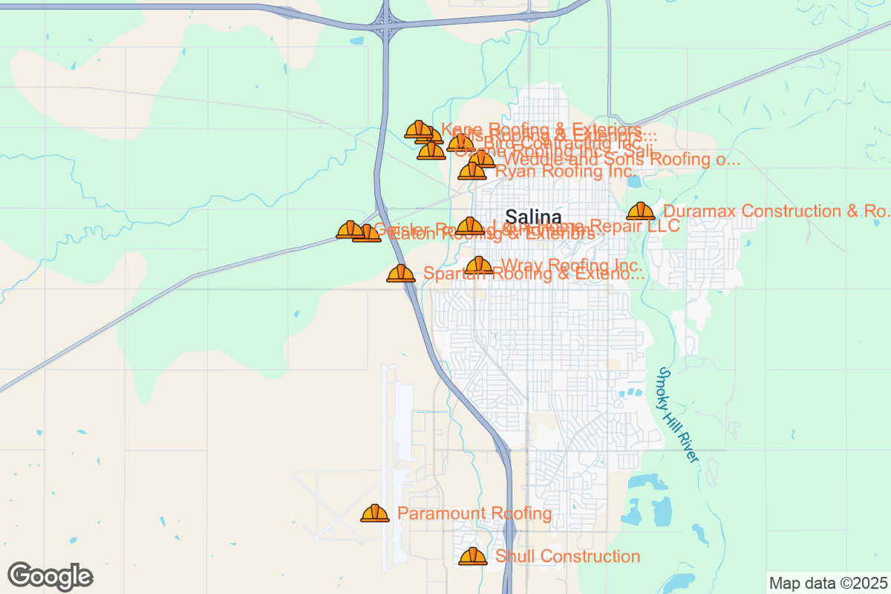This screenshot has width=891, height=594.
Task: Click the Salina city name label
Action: pyautogui.click(x=533, y=217)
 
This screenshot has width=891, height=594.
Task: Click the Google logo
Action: pyautogui.click(x=50, y=576)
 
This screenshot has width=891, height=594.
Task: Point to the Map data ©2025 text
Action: pyautogui.click(x=828, y=583)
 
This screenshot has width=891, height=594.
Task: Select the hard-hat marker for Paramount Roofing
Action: pyautogui.click(x=375, y=513)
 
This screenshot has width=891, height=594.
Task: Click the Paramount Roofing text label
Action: pyautogui.click(x=474, y=513)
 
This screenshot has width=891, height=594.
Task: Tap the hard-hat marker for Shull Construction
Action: pyautogui.click(x=473, y=556)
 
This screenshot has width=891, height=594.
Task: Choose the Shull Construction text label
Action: pyautogui.click(x=567, y=556)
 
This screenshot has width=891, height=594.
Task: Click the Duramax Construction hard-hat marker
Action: pyautogui.click(x=641, y=212)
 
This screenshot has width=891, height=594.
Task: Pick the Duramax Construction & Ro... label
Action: pyautogui.click(x=776, y=211)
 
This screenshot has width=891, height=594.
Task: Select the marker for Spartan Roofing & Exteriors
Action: pyautogui.click(x=401, y=274)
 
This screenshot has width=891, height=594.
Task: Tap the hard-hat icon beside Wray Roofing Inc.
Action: pyautogui.click(x=479, y=265)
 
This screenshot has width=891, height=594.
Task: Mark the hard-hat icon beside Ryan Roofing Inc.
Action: pyautogui.click(x=471, y=172)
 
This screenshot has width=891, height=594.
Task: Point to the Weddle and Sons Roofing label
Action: pyautogui.click(x=621, y=159)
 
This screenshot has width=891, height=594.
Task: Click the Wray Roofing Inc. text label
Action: pyautogui.click(x=572, y=265)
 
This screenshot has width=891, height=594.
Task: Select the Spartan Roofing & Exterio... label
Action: pyautogui.click(x=533, y=274)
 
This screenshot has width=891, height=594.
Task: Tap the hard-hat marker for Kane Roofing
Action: pyautogui.click(x=418, y=130)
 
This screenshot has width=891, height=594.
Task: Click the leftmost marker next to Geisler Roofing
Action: pyautogui.click(x=350, y=229)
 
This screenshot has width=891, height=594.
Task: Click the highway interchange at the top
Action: pyautogui.click(x=386, y=22)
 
